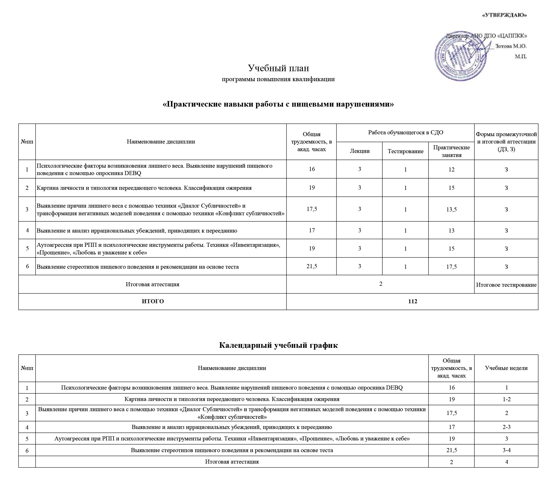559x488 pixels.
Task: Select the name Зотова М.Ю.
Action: [511, 46]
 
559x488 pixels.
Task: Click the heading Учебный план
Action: [278, 68]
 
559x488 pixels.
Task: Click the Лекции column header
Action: [359, 151]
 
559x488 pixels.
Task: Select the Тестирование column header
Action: [405, 151]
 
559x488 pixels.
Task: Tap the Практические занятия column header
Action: [451, 151]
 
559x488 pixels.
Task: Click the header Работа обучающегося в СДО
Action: [405, 133]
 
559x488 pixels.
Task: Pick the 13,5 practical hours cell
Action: [451, 209]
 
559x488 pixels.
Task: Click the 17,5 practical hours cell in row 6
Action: [451, 267]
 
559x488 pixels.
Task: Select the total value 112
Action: [412, 302]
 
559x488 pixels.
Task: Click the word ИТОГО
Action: [153, 302]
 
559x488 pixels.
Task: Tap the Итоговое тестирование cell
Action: [506, 285]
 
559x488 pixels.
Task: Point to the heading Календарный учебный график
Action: [278, 345]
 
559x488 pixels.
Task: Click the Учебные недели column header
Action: [506, 368]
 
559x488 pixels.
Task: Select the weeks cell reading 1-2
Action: [506, 399]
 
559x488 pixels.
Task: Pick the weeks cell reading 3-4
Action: [506, 450]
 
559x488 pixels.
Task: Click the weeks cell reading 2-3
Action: [506, 427]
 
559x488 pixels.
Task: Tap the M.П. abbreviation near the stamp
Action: [521, 57]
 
